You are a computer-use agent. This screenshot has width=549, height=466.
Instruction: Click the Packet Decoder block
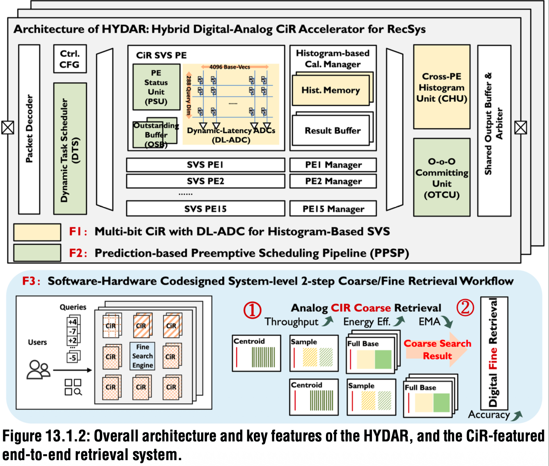(x=29, y=129)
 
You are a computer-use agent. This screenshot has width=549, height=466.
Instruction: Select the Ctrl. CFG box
(x=70, y=59)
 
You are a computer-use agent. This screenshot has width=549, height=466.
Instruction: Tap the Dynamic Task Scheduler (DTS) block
(x=70, y=148)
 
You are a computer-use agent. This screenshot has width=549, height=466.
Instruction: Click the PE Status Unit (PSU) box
(x=156, y=87)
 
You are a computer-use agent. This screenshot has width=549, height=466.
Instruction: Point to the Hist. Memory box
(x=331, y=90)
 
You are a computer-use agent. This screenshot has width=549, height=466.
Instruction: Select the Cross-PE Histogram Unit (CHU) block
(x=442, y=87)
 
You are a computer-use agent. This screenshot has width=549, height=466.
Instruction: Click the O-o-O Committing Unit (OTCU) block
(x=442, y=178)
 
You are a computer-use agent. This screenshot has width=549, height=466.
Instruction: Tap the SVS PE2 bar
(x=205, y=181)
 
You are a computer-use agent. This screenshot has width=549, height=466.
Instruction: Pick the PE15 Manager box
(x=333, y=209)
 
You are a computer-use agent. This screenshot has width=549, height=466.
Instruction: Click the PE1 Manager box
(x=333, y=165)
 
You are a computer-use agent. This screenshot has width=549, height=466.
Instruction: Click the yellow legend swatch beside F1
(x=37, y=232)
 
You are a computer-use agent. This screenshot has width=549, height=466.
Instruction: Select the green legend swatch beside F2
(x=37, y=253)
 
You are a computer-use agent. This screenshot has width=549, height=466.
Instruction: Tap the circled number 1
(x=252, y=310)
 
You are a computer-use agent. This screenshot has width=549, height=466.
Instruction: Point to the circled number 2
(x=465, y=308)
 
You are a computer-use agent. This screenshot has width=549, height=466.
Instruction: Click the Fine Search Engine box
(x=142, y=356)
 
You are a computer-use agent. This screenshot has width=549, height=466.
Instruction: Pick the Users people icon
(x=38, y=370)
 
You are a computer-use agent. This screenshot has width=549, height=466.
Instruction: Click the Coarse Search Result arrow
(x=437, y=350)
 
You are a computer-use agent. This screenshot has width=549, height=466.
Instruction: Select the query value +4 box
(x=73, y=322)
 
